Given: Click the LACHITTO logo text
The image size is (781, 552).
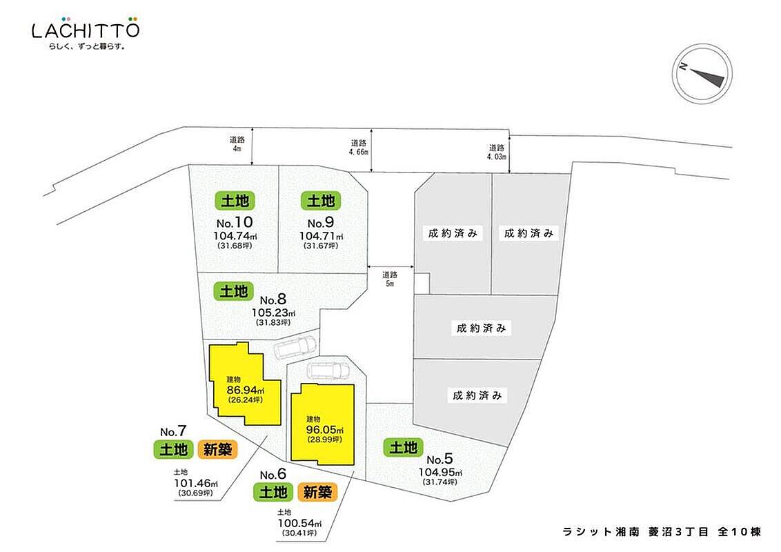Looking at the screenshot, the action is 86,30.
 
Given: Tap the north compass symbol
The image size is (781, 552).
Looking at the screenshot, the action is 702,74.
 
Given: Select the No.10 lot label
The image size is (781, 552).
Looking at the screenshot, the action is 235,222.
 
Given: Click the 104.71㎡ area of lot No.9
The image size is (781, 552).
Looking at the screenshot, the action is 321,236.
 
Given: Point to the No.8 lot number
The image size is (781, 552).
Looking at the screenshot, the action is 273,299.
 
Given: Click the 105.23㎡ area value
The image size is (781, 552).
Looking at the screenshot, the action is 273,313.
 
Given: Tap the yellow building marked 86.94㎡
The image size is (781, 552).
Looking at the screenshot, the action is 244,384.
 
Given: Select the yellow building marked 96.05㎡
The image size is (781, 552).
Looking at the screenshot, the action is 323,424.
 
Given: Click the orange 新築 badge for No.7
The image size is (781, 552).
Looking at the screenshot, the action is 217,449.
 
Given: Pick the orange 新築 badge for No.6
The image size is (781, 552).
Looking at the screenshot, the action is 317,492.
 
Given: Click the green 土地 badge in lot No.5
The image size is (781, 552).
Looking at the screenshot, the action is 403,447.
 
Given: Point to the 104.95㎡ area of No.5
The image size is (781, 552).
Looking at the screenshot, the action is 440,472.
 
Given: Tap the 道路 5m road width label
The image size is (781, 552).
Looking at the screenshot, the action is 390,279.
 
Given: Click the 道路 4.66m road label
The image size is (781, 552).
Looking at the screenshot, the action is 359,148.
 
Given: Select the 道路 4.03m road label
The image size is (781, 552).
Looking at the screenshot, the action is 497,152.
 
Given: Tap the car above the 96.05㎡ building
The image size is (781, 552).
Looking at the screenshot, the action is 329,371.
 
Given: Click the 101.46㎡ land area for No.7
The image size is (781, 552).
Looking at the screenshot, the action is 196,483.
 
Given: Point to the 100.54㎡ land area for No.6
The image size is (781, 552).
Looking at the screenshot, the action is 299,524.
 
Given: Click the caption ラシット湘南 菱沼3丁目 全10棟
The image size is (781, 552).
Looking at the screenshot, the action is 662,531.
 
